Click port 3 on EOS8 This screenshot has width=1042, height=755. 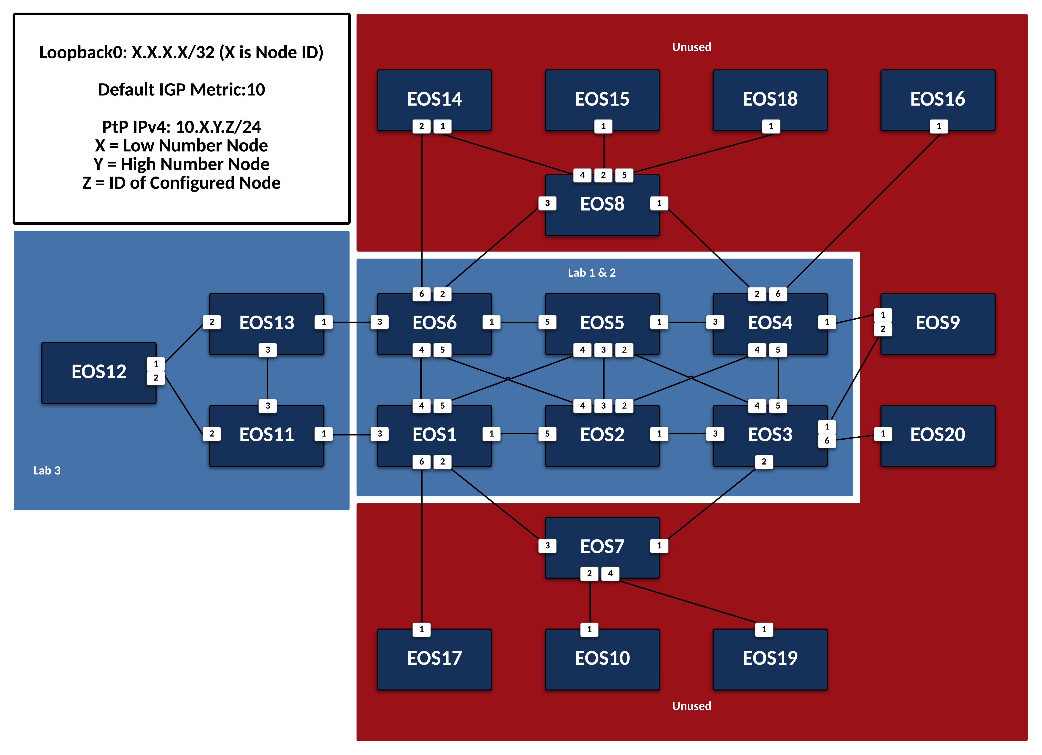[547, 203]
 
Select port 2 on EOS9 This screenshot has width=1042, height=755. [883, 329]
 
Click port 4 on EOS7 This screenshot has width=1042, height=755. [610, 574]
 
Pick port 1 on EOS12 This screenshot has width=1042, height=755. [156, 364]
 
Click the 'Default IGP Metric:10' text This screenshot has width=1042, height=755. [181, 89]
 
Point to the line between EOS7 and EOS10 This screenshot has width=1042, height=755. [590, 602]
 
